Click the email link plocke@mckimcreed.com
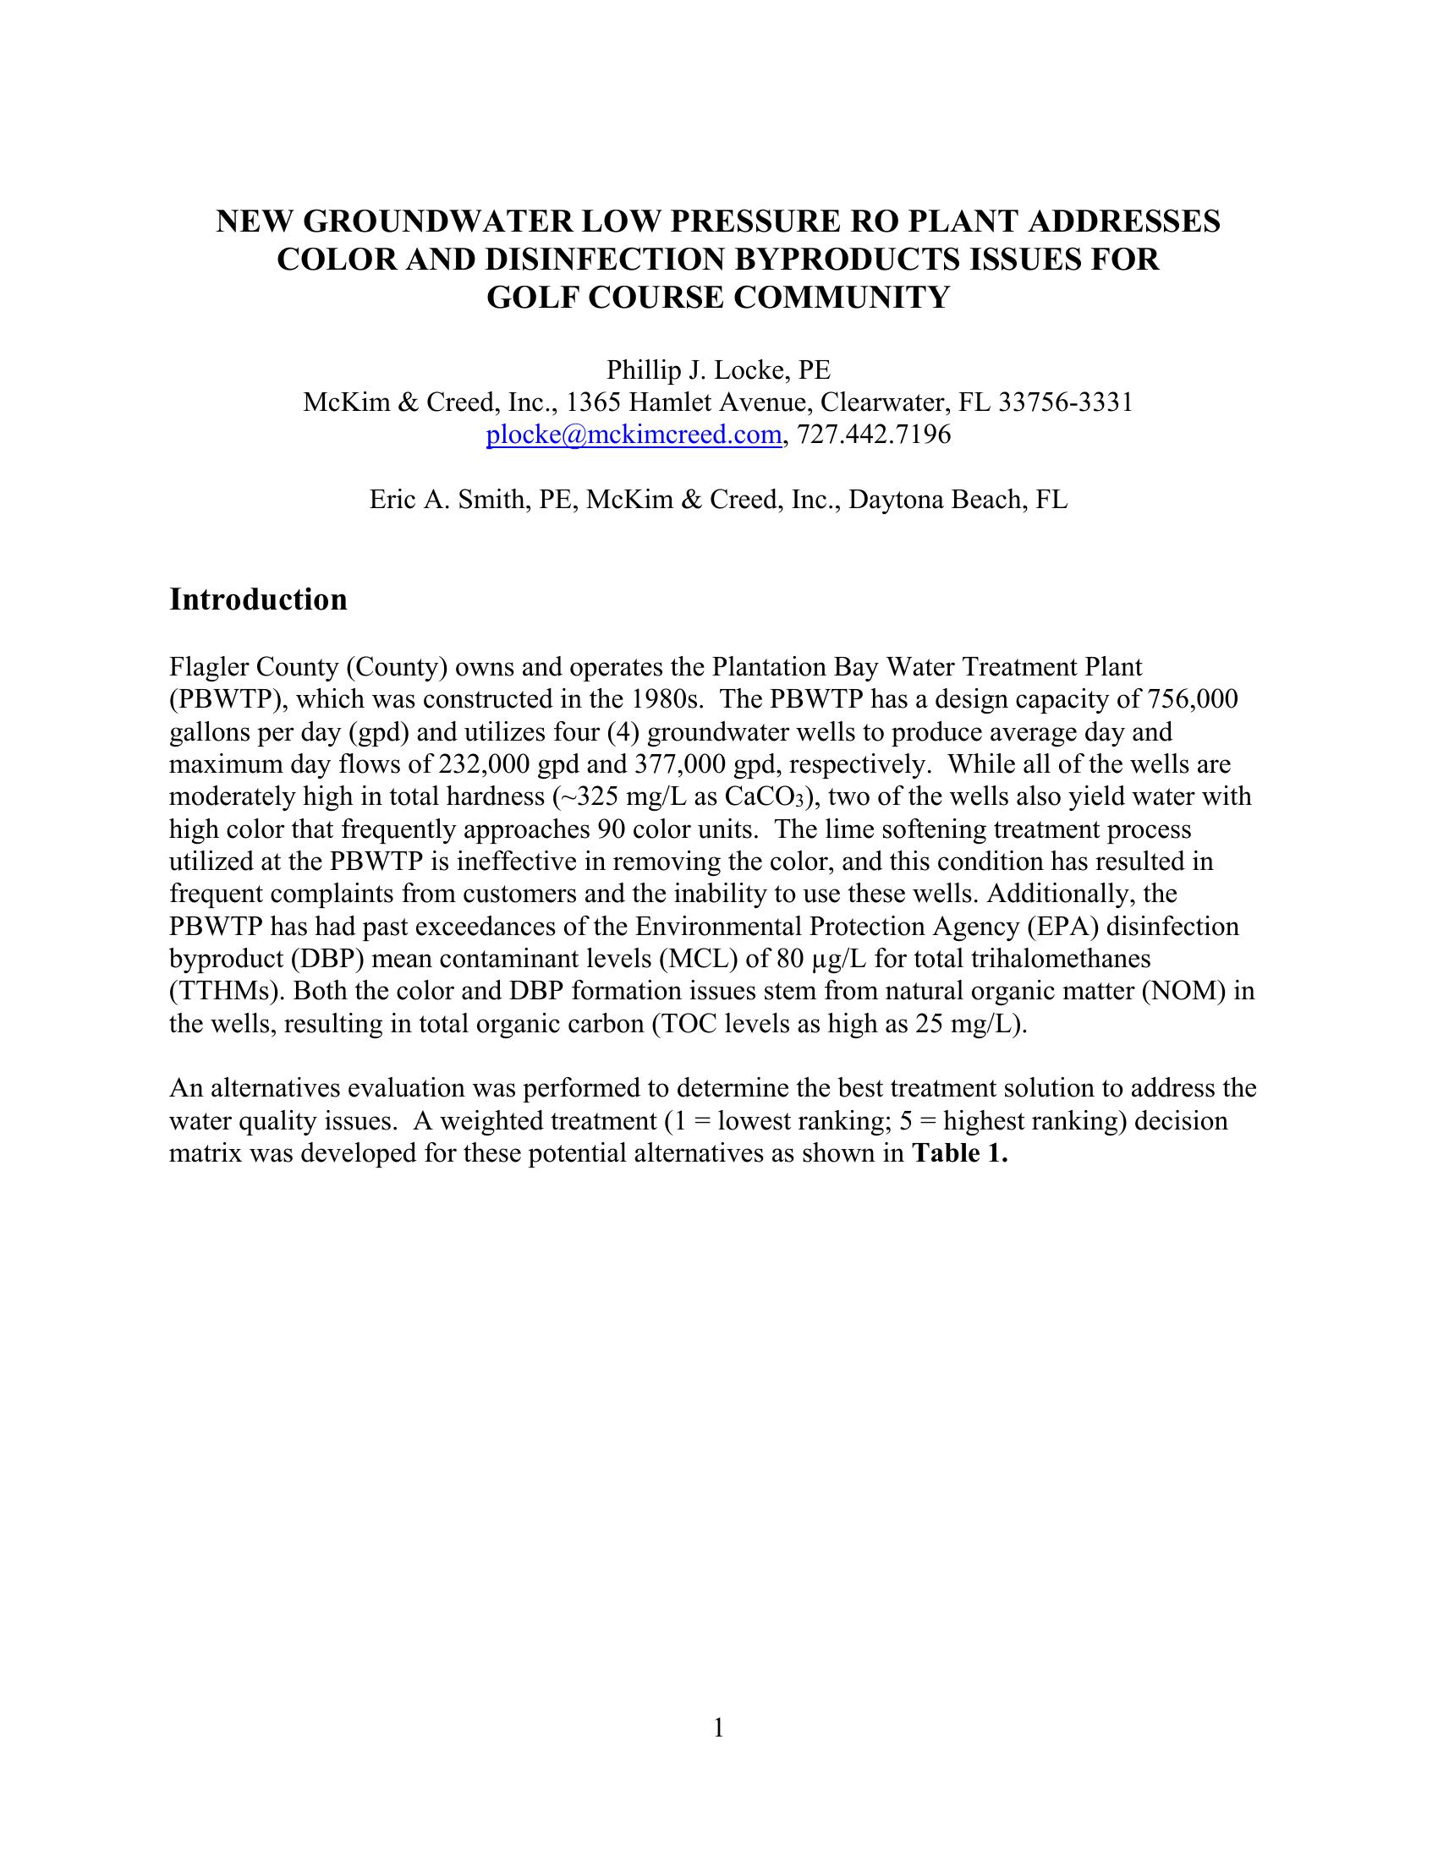[x=633, y=435]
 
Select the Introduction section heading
[x=258, y=599]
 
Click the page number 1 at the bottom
[x=718, y=1728]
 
